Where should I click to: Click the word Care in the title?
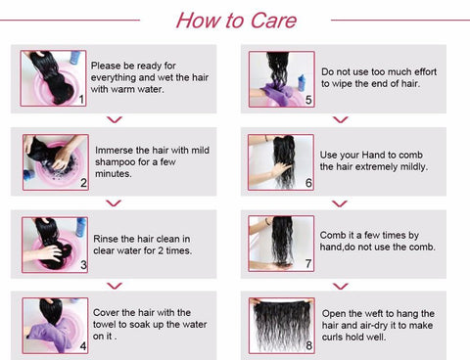273,21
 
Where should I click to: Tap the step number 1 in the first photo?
81,99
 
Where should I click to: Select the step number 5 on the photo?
308,100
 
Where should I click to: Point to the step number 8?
308,345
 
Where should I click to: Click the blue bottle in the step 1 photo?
75,58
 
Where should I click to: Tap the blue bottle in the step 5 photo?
302,83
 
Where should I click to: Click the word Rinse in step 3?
106,239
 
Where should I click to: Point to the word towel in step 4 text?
105,325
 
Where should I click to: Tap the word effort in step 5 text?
425,71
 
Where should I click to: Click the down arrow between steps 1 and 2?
115,120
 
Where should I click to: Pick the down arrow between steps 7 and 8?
341,287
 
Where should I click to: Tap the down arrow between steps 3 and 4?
115,286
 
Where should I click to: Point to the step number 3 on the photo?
83,265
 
